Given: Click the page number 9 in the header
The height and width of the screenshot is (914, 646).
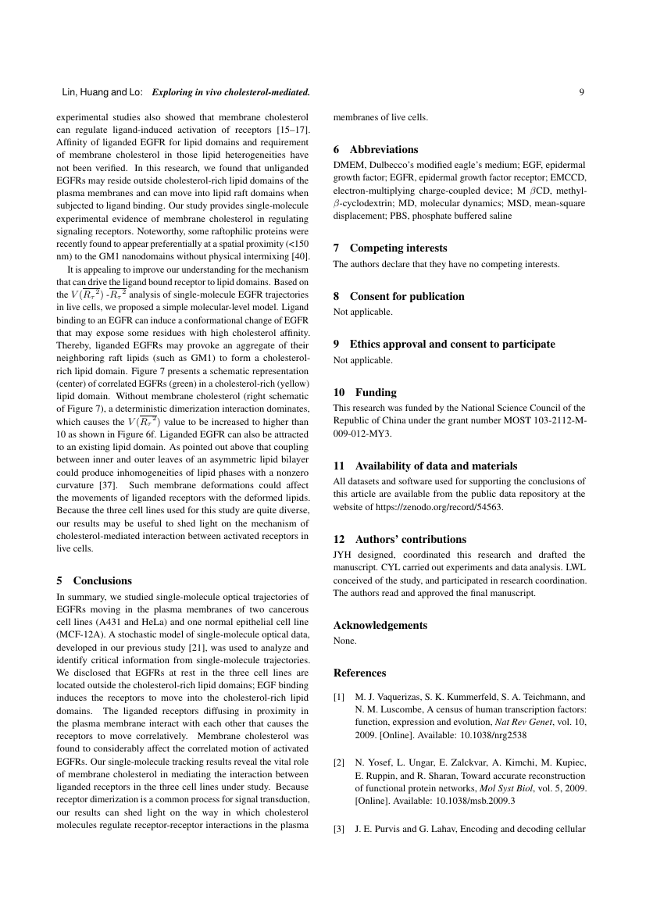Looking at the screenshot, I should tap(582, 92).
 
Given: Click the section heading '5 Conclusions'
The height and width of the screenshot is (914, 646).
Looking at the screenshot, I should tap(95, 580).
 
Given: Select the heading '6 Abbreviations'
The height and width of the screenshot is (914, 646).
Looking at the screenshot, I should tap(376, 149).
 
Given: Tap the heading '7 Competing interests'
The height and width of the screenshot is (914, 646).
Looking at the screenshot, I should tap(390, 248).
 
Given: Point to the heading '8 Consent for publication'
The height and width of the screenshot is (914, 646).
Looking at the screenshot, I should tap(398, 296).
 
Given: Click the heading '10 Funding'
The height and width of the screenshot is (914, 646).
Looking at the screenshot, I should tap(365, 392).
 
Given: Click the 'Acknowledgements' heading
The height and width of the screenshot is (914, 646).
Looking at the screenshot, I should tap(380, 625).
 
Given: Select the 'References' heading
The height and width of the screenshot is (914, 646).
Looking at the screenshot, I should tap(359, 673).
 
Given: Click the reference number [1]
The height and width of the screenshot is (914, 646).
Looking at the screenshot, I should tap(339, 696).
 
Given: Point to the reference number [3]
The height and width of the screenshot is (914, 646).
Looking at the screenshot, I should tap(339, 827).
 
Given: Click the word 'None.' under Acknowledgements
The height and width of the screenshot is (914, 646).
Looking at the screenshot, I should tap(345, 641).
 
